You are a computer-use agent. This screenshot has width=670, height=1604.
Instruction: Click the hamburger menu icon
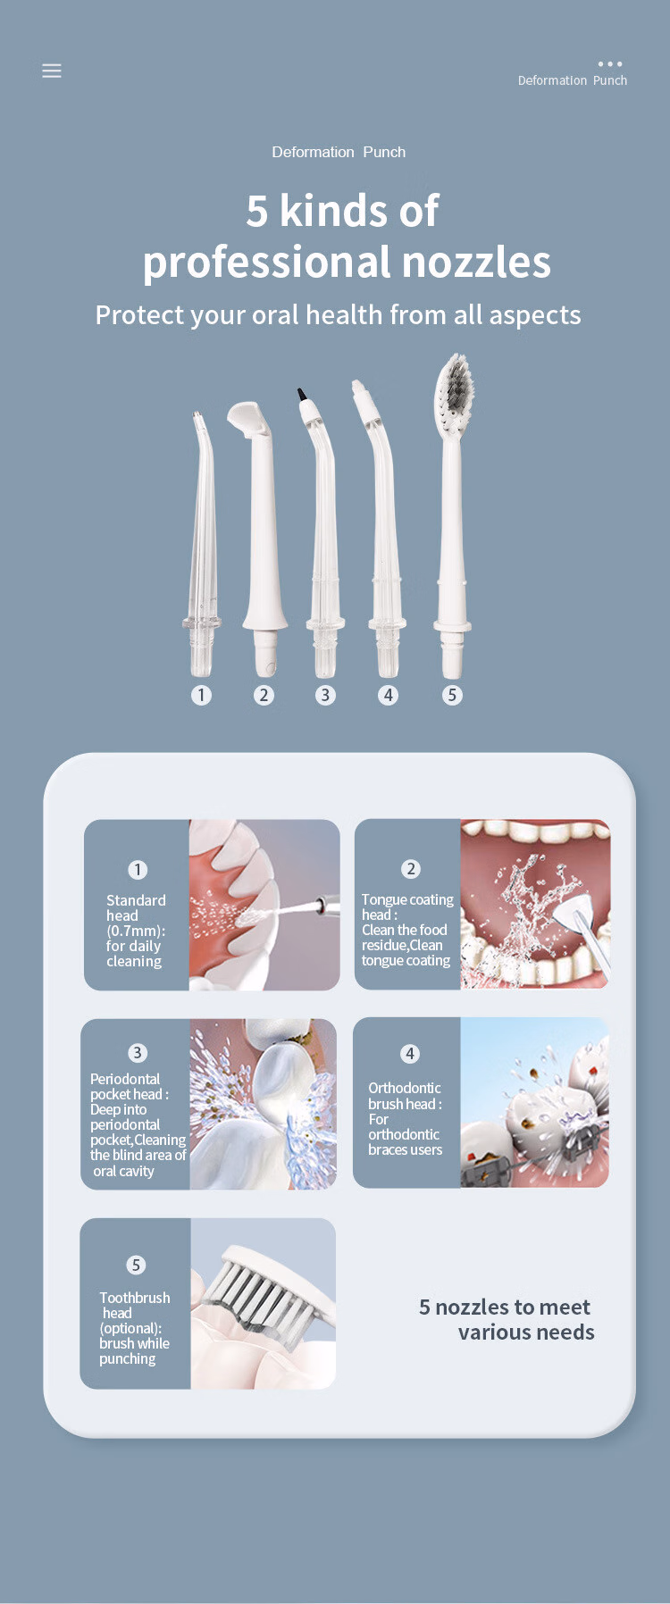52,71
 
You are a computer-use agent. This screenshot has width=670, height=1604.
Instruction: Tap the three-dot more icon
610,64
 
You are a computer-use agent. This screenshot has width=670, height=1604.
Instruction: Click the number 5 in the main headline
257,212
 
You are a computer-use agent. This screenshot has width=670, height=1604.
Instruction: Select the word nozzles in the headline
476,262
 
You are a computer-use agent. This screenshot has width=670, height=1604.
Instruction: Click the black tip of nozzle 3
302,394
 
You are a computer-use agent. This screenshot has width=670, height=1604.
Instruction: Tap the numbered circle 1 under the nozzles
202,695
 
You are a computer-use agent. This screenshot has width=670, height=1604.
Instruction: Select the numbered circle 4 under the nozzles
388,695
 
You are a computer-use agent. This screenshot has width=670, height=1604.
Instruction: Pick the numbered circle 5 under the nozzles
452,695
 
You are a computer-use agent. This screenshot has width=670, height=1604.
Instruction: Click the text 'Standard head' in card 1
136,907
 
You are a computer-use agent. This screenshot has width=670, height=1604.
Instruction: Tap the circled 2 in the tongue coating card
411,869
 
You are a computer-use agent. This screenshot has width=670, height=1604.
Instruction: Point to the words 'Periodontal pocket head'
130,1086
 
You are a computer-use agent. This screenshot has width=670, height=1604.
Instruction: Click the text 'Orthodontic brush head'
405,1096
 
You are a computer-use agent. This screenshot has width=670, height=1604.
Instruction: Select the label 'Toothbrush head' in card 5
134,1305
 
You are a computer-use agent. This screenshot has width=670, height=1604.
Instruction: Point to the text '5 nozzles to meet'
505,1307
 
